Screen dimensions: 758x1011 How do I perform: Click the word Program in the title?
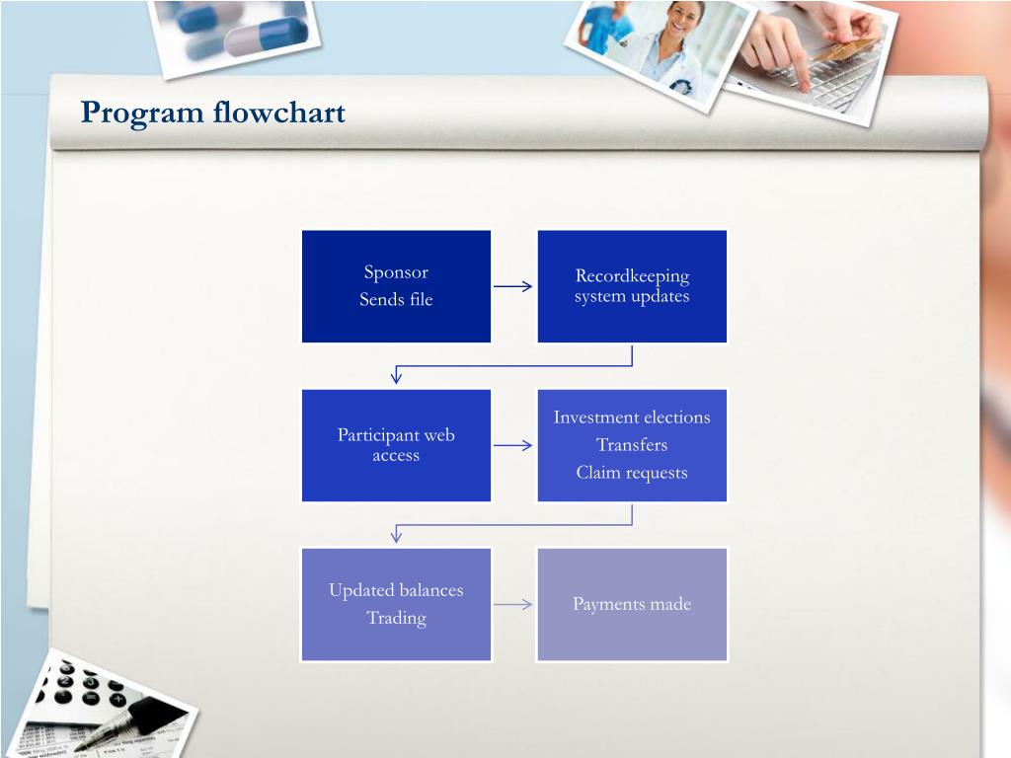[x=142, y=113]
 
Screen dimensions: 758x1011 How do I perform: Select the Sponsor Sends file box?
[x=396, y=286]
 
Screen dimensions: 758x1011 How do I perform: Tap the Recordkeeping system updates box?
[x=632, y=286]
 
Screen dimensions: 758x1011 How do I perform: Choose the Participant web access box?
[x=396, y=445]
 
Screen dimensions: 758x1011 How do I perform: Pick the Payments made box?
[x=632, y=604]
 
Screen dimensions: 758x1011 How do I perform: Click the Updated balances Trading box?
[x=396, y=604]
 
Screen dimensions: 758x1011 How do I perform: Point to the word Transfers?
[x=632, y=445]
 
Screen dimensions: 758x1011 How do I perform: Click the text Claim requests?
[x=632, y=473]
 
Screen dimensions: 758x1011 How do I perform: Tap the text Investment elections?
[x=632, y=417]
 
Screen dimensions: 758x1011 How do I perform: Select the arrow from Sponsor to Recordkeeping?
[x=513, y=287]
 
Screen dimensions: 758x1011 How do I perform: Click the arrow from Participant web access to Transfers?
[x=513, y=446]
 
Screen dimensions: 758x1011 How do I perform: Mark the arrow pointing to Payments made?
[x=513, y=605]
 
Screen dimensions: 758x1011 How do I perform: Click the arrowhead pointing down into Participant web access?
[x=397, y=375]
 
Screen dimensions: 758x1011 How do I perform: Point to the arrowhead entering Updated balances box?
[x=397, y=535]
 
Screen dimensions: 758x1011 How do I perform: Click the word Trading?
[x=396, y=619]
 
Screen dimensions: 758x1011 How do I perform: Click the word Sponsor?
[x=396, y=272]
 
